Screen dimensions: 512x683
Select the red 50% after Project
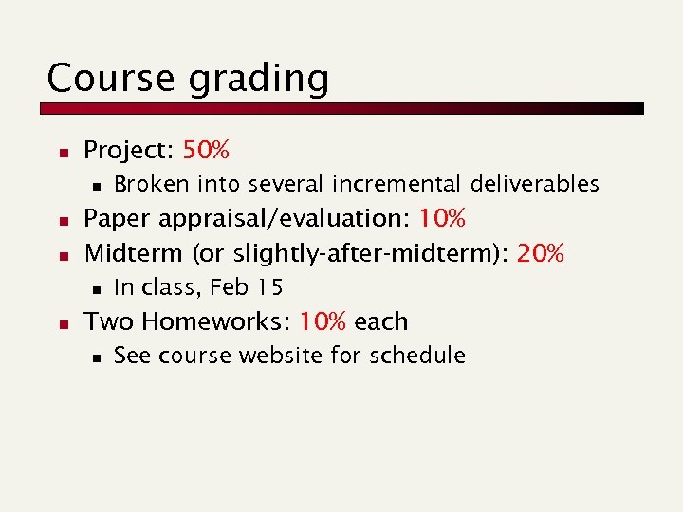click(206, 150)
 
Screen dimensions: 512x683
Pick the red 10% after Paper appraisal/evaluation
click(442, 219)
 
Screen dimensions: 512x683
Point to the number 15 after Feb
click(270, 286)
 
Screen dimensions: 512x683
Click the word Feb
click(231, 286)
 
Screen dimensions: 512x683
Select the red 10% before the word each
click(323, 321)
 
